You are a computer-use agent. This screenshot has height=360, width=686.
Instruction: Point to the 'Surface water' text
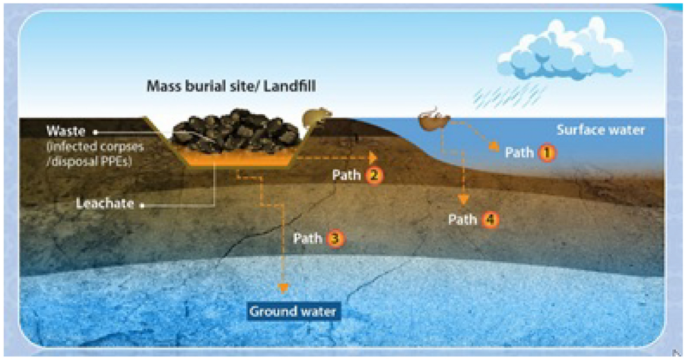tap(600, 130)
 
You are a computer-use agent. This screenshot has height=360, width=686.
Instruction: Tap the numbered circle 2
tap(373, 175)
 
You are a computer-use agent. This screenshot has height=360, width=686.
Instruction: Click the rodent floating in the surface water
tap(434, 119)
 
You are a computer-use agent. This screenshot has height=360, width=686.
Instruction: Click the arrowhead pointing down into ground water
tap(281, 288)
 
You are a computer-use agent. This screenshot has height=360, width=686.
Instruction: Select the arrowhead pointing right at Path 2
tap(373, 157)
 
